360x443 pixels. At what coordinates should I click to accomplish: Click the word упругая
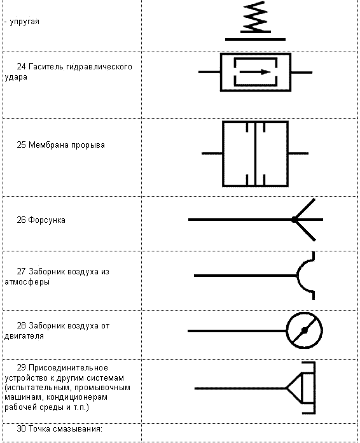[25, 22]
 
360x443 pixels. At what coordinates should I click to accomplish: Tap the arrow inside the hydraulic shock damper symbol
[255, 72]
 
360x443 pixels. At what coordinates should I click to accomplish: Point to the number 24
[21, 67]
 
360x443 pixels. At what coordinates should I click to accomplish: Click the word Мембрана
[49, 145]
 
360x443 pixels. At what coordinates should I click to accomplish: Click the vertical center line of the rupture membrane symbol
[255, 154]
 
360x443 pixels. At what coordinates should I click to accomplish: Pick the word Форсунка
[47, 220]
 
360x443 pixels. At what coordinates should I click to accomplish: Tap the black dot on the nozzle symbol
[294, 220]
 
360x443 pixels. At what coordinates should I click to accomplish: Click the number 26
[21, 220]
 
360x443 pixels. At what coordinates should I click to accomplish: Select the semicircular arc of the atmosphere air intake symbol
[301, 276]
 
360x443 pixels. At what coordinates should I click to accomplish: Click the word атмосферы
[27, 282]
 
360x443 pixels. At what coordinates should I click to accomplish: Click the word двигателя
[24, 336]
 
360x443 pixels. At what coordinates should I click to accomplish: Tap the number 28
[21, 326]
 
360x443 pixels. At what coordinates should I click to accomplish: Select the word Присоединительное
[68, 368]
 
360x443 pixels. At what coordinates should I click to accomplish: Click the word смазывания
[78, 429]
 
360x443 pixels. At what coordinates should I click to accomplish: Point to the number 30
[21, 428]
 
